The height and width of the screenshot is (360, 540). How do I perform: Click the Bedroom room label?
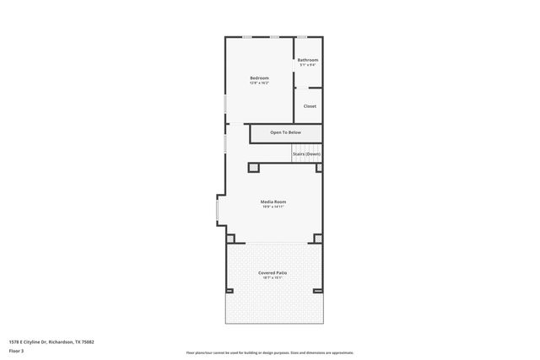click(x=259, y=78)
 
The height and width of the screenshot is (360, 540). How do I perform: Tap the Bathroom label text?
click(x=308, y=60)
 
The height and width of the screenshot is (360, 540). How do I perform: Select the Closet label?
click(x=310, y=106)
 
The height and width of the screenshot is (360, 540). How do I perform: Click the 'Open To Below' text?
click(x=285, y=132)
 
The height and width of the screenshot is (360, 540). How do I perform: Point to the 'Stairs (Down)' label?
click(x=306, y=154)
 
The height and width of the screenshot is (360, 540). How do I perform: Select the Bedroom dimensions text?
click(x=259, y=83)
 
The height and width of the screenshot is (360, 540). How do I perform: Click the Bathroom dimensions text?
click(x=308, y=65)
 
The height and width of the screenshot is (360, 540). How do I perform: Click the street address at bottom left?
click(x=51, y=341)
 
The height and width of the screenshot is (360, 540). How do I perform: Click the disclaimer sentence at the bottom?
click(x=270, y=352)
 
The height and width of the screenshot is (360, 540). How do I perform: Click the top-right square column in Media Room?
click(x=319, y=167)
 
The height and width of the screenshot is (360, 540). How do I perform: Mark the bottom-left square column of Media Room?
click(x=230, y=239)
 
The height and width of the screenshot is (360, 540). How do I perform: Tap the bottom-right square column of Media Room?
click(x=318, y=239)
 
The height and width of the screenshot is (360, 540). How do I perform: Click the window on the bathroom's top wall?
click(x=301, y=37)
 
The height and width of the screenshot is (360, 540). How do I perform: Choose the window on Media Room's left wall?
click(x=218, y=210)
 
